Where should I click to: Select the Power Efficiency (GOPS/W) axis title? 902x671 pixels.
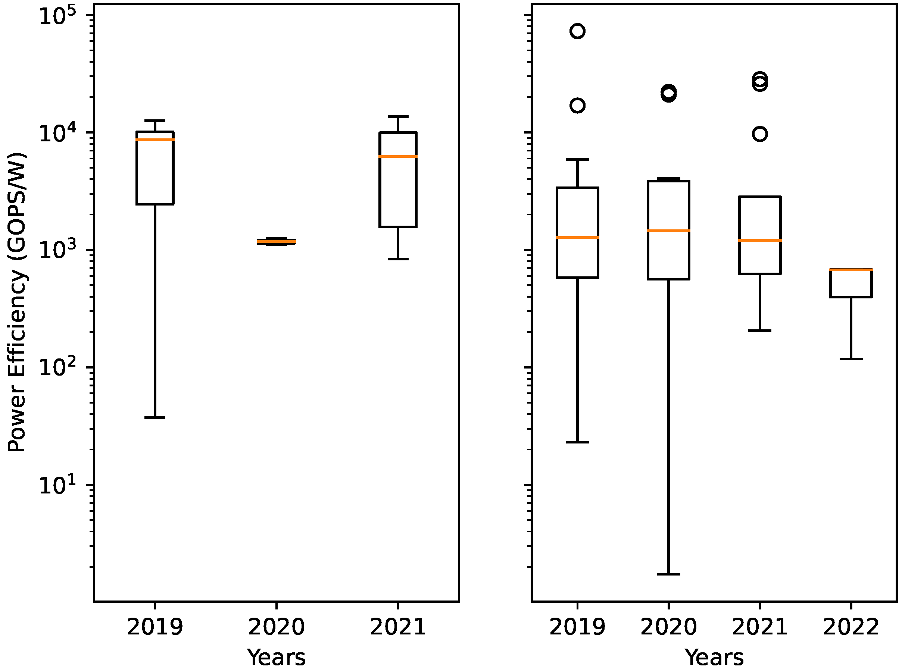17,302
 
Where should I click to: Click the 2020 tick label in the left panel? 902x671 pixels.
276,627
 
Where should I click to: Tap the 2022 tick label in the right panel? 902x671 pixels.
851,627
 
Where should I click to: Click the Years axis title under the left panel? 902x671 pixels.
276,658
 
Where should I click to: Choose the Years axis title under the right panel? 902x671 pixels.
714,658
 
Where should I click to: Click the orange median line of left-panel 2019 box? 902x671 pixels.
155,140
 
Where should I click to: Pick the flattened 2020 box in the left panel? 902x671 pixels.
276,242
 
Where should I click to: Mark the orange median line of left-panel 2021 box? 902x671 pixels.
398,156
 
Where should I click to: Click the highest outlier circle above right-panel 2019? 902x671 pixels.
577,31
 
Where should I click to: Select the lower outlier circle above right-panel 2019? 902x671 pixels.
577,106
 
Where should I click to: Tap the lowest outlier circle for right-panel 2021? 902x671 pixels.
760,134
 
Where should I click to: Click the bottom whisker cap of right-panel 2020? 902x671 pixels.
668,574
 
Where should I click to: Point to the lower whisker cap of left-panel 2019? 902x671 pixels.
155,417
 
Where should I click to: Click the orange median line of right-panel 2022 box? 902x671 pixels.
851,270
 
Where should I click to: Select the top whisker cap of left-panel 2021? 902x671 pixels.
398,117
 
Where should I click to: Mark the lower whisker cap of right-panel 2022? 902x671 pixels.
851,359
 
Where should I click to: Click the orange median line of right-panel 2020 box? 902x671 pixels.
668,231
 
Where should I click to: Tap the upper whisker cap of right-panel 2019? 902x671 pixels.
577,160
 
